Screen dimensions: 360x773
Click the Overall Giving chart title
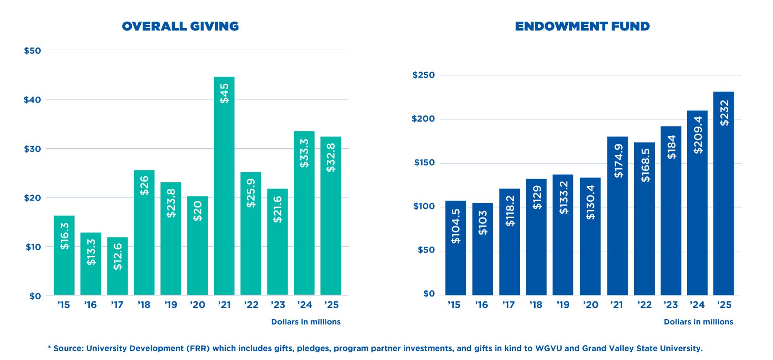click(180, 26)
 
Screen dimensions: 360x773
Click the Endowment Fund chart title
click(582, 26)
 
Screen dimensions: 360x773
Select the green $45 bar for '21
click(224, 185)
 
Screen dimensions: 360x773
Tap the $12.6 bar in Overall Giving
click(117, 267)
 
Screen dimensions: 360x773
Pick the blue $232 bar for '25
click(723, 193)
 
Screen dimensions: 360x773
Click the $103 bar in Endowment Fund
click(482, 249)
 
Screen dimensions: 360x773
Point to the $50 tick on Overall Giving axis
click(32, 51)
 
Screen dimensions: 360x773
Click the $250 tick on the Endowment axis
click(424, 75)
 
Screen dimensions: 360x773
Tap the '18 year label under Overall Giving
click(144, 305)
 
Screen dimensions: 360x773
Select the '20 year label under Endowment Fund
click(591, 305)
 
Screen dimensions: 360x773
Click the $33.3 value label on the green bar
click(304, 153)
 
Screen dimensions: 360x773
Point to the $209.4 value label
click(698, 134)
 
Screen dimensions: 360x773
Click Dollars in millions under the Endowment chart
click(698, 322)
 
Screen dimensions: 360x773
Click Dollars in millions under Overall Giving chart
click(306, 322)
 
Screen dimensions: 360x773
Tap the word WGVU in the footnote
click(549, 348)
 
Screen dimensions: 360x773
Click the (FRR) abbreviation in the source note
click(198, 348)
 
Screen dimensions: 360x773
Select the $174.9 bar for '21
click(617, 216)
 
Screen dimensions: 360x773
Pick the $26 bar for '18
click(144, 232)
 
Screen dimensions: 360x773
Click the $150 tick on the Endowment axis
click(424, 163)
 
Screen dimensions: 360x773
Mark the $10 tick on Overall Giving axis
click(33, 247)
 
